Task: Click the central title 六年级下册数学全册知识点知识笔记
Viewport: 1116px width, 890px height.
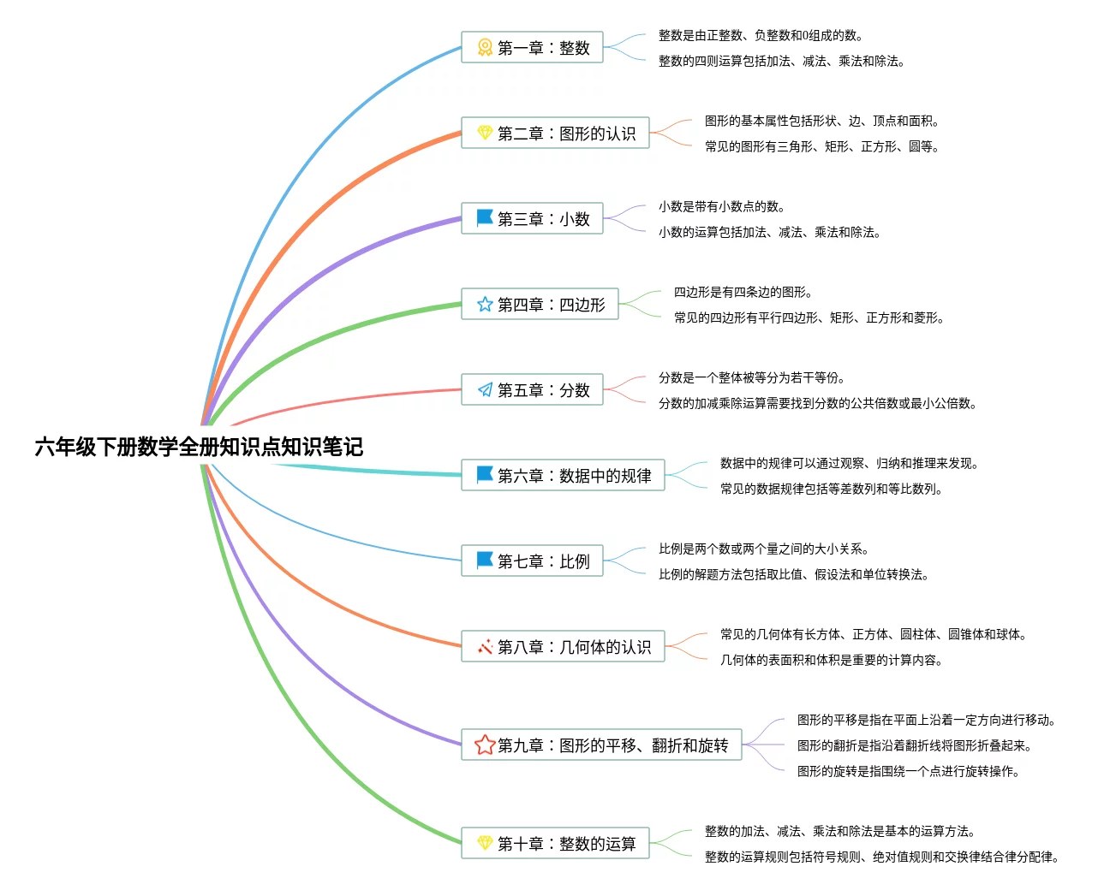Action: (x=199, y=447)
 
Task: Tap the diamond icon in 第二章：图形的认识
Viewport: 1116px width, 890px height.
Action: (x=485, y=133)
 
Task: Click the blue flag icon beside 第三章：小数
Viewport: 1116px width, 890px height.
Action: (x=485, y=218)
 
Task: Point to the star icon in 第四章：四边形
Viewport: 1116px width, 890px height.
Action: (x=485, y=305)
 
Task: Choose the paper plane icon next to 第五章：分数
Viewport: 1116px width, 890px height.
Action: (x=485, y=390)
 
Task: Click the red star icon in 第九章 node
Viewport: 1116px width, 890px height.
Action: (x=485, y=745)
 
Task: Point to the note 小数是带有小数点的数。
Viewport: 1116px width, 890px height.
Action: (x=722, y=206)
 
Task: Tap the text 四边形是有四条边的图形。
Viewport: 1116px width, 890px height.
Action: (x=743, y=292)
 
